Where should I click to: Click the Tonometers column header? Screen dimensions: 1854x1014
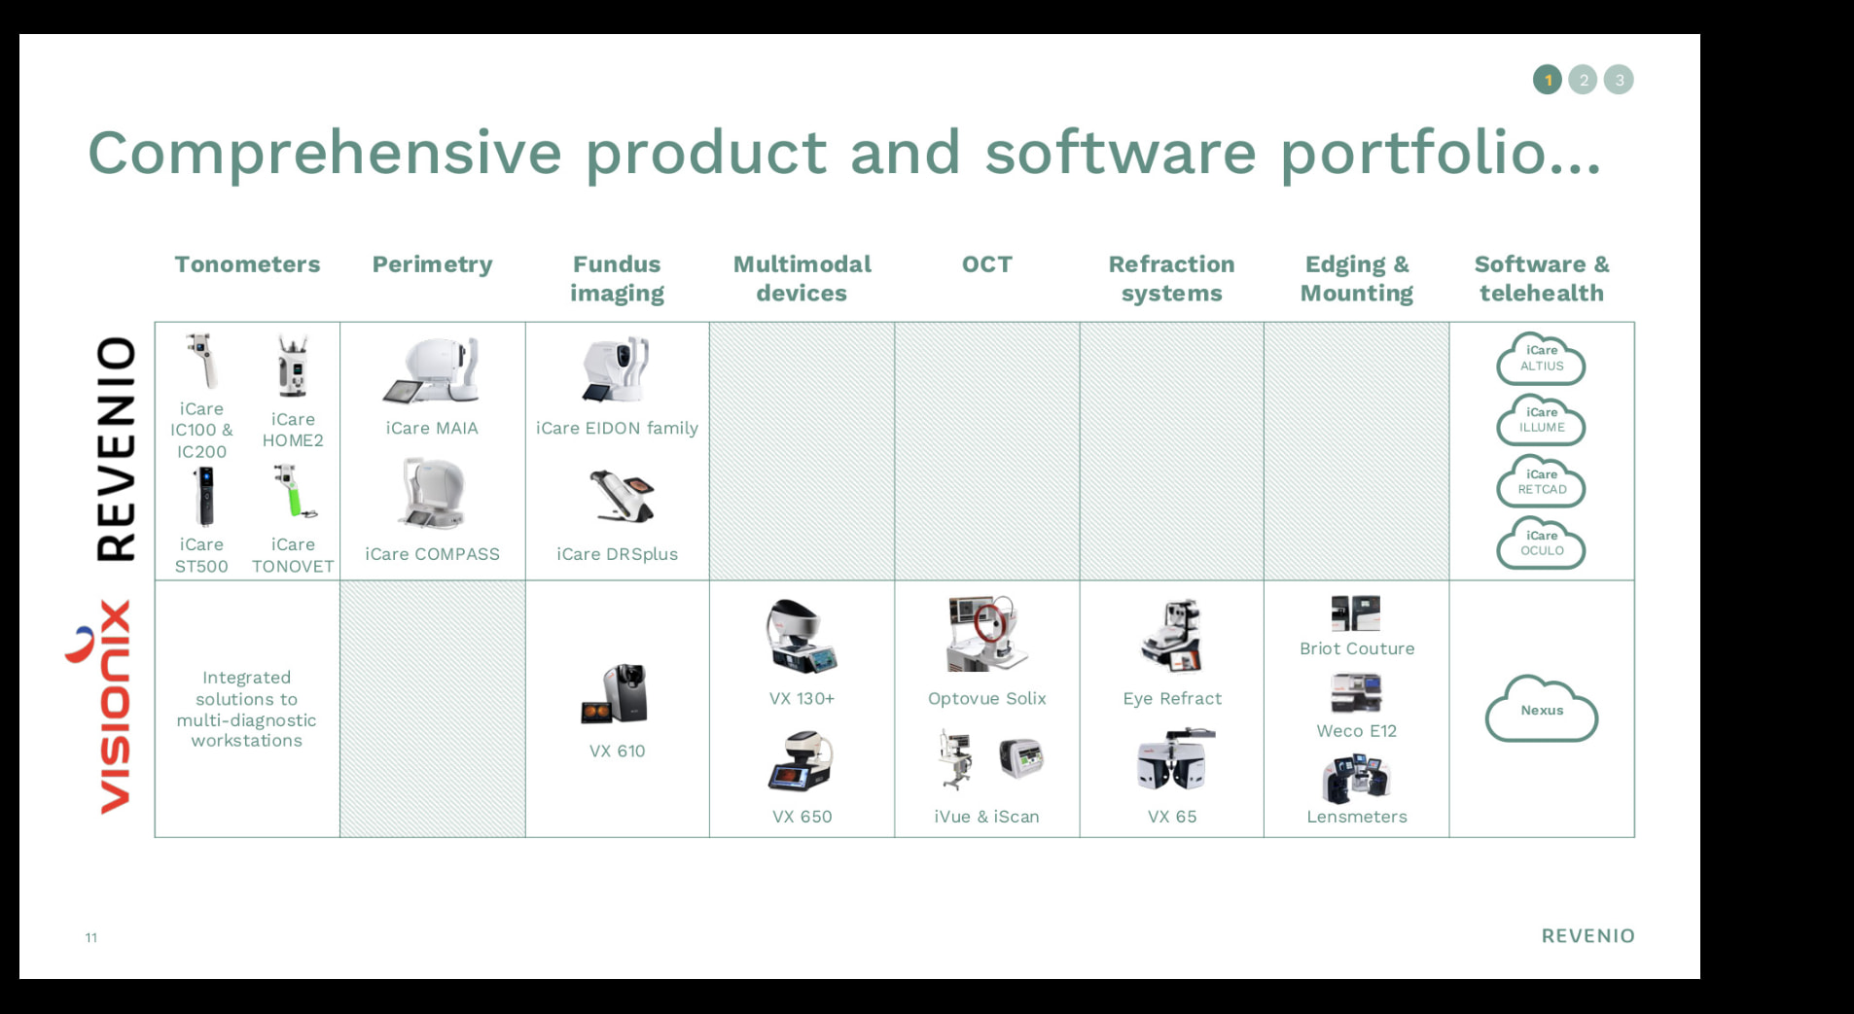[247, 264]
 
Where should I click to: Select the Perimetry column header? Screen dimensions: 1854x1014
[432, 265]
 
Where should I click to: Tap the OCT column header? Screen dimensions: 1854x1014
[986, 264]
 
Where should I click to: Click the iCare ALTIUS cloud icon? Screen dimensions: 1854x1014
[1541, 359]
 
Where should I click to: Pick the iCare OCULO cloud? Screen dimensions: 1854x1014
[1541, 542]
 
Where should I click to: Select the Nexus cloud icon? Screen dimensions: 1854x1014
[1541, 709]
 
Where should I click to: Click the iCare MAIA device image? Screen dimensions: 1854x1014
[432, 370]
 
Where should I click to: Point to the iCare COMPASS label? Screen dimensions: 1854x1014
[432, 554]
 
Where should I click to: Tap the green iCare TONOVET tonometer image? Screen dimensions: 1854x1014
[295, 492]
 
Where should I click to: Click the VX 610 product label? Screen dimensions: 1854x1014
[617, 751]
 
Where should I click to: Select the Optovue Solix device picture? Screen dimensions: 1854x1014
[986, 634]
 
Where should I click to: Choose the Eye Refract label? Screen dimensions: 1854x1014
[1172, 698]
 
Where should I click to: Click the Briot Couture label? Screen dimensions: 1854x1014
[1357, 648]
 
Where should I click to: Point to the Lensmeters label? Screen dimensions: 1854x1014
[1357, 817]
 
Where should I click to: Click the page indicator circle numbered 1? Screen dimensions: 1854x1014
[1548, 80]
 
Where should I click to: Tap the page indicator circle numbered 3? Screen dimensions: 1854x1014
[1619, 80]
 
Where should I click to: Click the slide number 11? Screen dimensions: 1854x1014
[91, 937]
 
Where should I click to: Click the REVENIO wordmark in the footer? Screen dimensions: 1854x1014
[1587, 936]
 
